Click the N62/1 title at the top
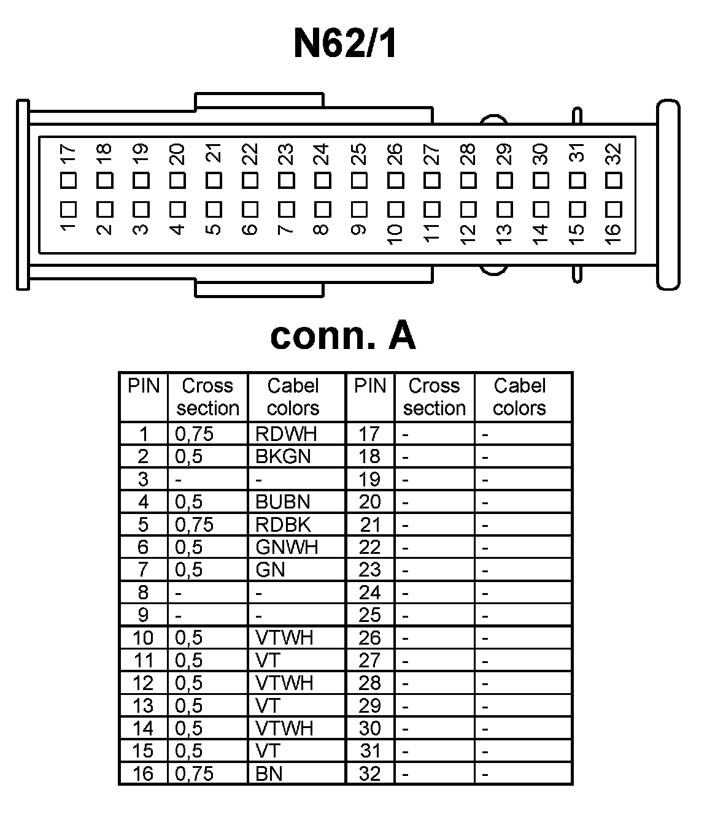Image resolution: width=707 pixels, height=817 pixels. click(346, 44)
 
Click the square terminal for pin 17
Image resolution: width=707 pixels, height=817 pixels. click(68, 180)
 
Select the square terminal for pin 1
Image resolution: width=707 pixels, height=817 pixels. click(68, 209)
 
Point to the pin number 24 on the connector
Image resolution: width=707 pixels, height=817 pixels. click(322, 154)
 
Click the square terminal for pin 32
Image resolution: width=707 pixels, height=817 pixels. click(614, 180)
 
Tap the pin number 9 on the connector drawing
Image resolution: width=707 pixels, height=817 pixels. click(358, 230)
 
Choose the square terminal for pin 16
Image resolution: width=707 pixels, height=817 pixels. click(614, 209)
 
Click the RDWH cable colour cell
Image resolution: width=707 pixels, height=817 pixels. click(286, 434)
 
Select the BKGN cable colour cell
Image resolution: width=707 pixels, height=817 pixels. click(283, 456)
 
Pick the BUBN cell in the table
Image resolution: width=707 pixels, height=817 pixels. click(283, 502)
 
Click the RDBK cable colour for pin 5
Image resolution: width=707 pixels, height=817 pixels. click(283, 524)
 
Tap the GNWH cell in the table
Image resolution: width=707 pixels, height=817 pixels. click(287, 547)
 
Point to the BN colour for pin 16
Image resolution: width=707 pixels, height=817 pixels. click(269, 773)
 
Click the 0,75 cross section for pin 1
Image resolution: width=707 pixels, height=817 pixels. click(194, 434)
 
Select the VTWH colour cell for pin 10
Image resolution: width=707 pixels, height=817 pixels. click(284, 637)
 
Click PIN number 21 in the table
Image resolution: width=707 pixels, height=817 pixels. click(370, 524)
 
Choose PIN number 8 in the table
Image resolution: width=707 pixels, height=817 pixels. click(143, 592)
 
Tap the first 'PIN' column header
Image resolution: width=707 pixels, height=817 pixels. click(144, 386)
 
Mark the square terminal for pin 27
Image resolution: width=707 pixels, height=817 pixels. click(432, 180)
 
